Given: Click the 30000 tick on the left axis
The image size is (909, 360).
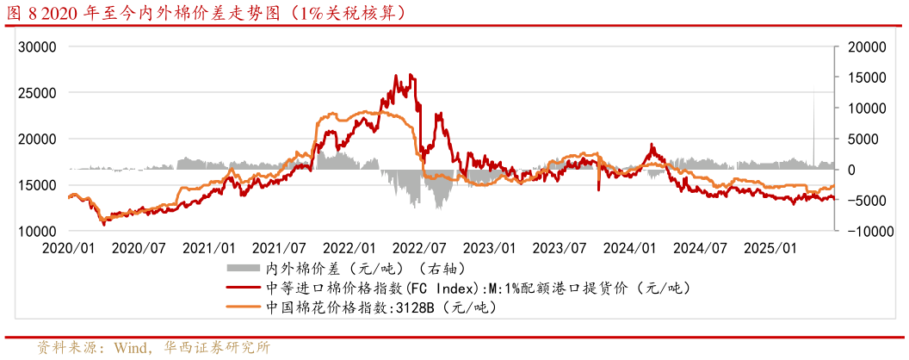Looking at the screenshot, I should [38, 46].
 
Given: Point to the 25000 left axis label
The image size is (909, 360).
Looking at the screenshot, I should [38, 92].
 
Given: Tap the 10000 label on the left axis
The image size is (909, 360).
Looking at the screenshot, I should [38, 232].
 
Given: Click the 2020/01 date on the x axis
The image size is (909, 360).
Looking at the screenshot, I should [69, 248].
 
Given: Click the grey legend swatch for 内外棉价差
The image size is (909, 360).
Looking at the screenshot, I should [244, 267].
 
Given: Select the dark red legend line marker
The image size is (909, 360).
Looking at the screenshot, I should [244, 287].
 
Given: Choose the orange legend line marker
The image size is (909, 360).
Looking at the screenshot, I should [244, 307].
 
